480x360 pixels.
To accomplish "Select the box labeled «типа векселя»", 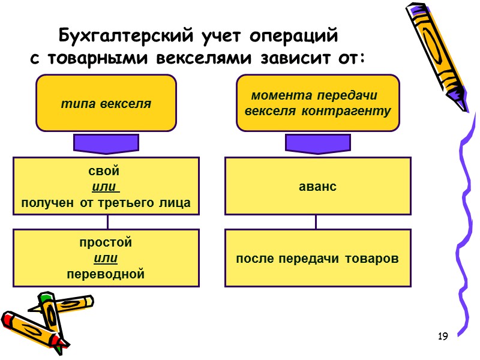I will [106, 103].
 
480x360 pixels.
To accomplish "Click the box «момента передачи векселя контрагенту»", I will [318, 103].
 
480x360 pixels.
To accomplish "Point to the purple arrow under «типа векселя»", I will [106, 144].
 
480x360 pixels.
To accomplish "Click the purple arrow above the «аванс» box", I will [318, 144].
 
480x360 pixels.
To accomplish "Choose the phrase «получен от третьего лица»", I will [106, 203].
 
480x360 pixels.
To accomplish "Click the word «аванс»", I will [317, 187].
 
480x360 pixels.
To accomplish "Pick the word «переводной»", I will [106, 274].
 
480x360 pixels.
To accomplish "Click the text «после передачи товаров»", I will [317, 259].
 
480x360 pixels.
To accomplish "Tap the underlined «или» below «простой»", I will [106, 259].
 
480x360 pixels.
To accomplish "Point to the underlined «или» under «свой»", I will [107, 187].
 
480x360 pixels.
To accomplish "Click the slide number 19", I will [443, 336].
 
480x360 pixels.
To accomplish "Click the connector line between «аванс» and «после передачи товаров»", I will [316, 222].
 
